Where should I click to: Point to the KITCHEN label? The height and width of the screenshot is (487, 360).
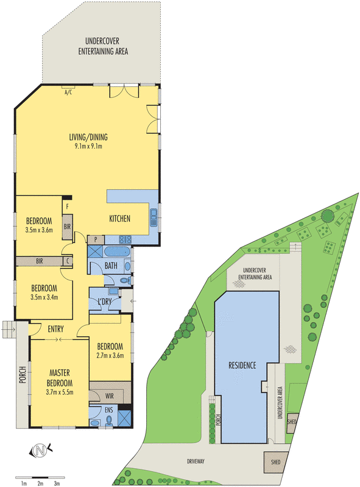[x=119, y=219]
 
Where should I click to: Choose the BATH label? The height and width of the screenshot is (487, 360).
[x=110, y=265]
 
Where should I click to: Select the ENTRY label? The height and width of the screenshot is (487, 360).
[x=55, y=329]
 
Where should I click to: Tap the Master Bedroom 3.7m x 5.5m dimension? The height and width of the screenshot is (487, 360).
[x=59, y=393]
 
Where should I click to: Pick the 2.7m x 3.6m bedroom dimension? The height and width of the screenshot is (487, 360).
[x=110, y=356]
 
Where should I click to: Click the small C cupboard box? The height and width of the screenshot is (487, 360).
[x=68, y=261]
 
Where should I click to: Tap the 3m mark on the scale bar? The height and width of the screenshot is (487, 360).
[x=57, y=483]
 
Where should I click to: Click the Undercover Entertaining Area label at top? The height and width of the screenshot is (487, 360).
[x=103, y=47]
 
